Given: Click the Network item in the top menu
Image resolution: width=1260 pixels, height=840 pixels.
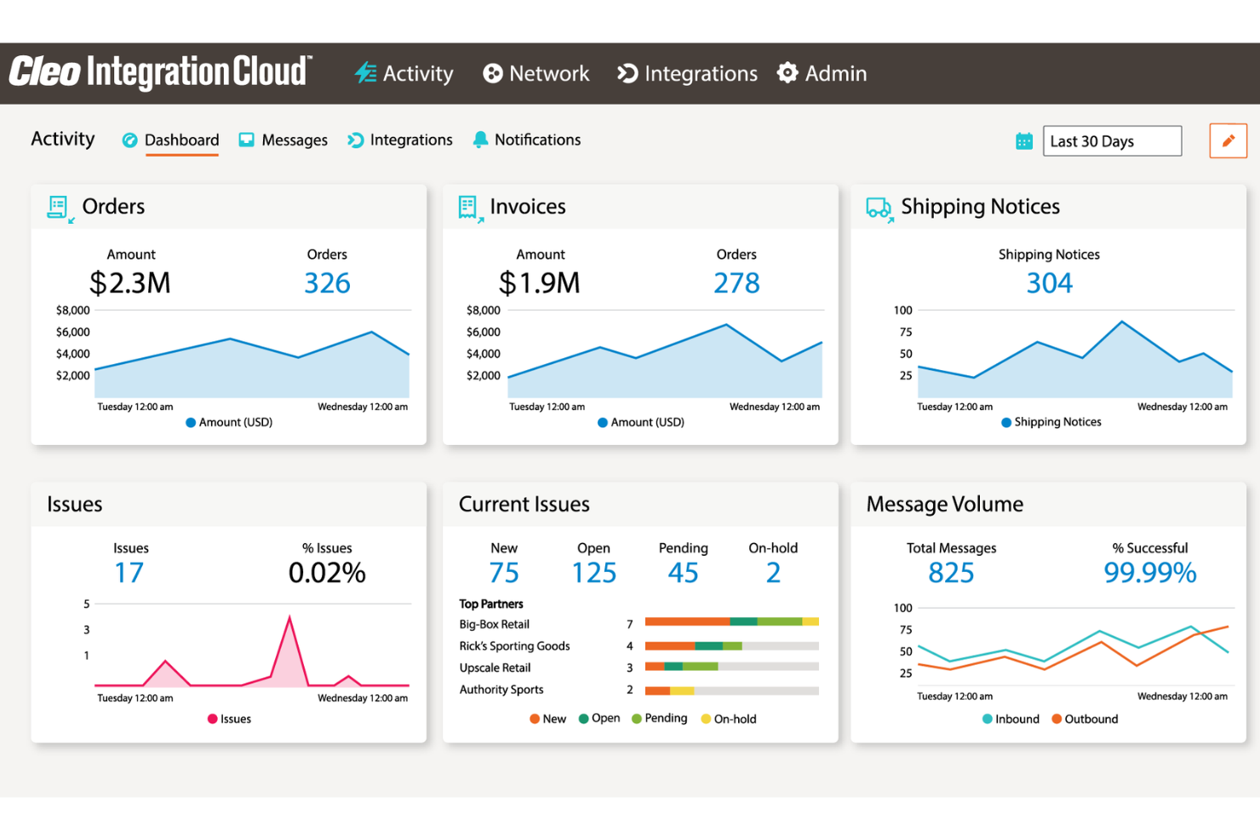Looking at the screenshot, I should (x=536, y=74).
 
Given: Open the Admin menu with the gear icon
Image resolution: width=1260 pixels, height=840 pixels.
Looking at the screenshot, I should (x=822, y=74).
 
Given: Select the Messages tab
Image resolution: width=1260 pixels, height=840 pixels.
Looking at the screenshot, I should (x=283, y=140).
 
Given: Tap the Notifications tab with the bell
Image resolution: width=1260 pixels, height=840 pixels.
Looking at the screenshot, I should (x=527, y=140).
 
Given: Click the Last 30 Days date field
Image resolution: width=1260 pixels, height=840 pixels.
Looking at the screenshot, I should (x=1111, y=141).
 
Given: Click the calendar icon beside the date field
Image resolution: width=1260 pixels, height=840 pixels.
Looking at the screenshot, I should (x=1024, y=141).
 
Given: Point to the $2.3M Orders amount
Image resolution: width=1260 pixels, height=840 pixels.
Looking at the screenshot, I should (x=130, y=283).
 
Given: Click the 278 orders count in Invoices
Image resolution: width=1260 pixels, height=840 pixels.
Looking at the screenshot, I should (x=736, y=283).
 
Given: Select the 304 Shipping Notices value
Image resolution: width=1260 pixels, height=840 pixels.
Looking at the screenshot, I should (x=1049, y=283).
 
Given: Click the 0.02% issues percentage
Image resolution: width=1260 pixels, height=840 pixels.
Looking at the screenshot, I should (x=327, y=573).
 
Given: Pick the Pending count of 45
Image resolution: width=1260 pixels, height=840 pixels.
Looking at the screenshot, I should (x=683, y=573).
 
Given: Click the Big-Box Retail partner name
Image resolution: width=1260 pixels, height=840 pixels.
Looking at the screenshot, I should (x=495, y=625).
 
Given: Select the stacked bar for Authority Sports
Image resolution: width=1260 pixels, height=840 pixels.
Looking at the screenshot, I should (x=731, y=690).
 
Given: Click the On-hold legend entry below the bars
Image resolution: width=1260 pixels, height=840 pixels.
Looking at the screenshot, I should (x=729, y=719).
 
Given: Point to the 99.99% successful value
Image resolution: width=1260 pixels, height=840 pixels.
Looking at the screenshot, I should (x=1149, y=573).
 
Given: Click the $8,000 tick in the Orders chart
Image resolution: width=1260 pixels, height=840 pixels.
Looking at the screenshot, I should (x=73, y=311).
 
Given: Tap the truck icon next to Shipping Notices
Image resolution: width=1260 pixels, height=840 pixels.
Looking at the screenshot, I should (x=879, y=208).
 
